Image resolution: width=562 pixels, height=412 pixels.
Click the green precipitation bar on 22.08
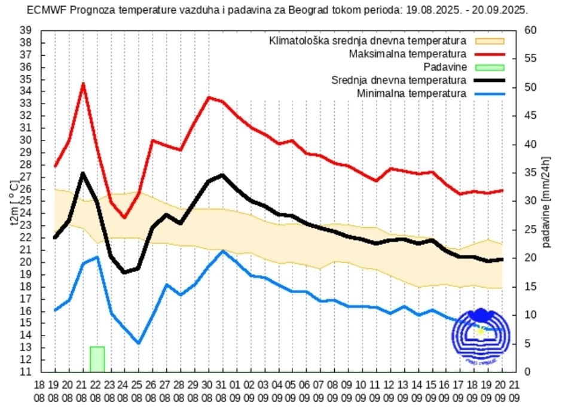tap(97, 359)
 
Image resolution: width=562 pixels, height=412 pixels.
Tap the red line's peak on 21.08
tap(83, 84)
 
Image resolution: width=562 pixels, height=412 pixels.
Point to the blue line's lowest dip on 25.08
tap(139, 343)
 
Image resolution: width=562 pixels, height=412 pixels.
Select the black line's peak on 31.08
tap(222, 175)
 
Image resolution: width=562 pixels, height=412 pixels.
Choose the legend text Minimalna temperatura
tap(411, 93)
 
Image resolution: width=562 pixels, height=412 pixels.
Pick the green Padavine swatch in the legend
tap(490, 67)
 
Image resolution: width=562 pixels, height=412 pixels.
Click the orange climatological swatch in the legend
tap(490, 41)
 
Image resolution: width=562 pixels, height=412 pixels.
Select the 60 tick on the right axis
tap(530, 30)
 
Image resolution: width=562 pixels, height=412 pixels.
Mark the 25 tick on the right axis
tap(530, 230)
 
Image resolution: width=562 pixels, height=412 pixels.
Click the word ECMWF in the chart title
tap(44, 10)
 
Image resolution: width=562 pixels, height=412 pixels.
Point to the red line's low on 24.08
tap(124, 217)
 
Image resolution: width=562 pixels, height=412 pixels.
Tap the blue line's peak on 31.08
tap(222, 251)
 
